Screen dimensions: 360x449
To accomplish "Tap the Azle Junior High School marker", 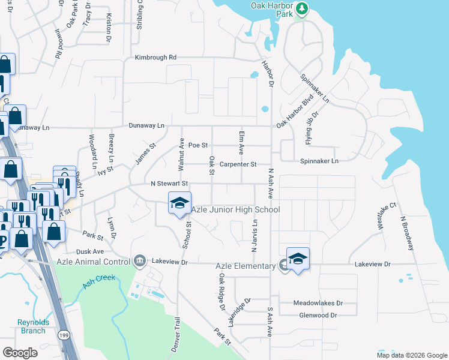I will (x=179, y=203).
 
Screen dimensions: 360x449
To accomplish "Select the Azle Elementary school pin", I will (x=298, y=259).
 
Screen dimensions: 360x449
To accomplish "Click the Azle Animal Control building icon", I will (x=140, y=260).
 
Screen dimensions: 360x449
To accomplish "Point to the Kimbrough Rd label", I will (x=155, y=58).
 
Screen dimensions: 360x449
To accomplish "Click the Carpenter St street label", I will (x=238, y=164).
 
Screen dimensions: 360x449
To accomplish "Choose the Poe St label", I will (x=197, y=145).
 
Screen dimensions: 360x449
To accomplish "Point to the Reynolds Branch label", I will (x=32, y=326).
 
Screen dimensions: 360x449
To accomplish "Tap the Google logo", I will (x=20, y=352).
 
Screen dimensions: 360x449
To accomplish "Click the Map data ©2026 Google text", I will (x=411, y=355).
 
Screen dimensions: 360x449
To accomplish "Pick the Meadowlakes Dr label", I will (x=318, y=304).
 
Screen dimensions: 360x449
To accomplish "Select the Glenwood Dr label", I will (x=318, y=315).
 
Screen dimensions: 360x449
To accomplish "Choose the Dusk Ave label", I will (x=90, y=252).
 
